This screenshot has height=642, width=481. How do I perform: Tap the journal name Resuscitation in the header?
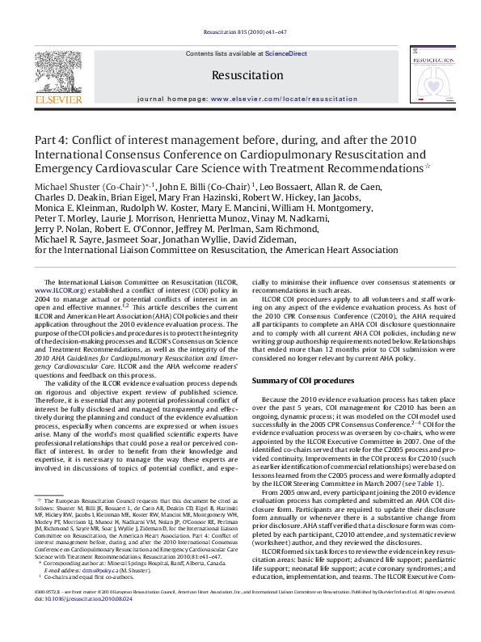(x=240, y=74)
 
